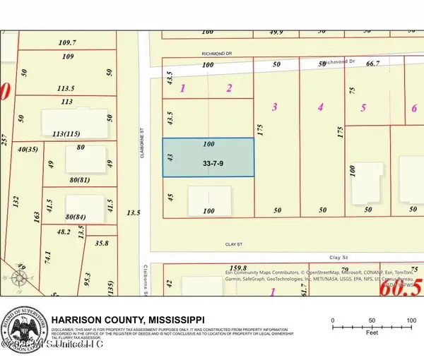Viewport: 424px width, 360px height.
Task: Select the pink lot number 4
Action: [x=320, y=107]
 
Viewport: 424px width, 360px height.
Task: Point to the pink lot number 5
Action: [x=363, y=107]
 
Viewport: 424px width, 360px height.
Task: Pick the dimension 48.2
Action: [x=64, y=230]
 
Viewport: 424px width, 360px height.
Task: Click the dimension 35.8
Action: [x=101, y=243]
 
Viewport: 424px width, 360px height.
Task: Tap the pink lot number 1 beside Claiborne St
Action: [x=182, y=88]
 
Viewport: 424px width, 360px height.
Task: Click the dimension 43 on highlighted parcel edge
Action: [x=170, y=157]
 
